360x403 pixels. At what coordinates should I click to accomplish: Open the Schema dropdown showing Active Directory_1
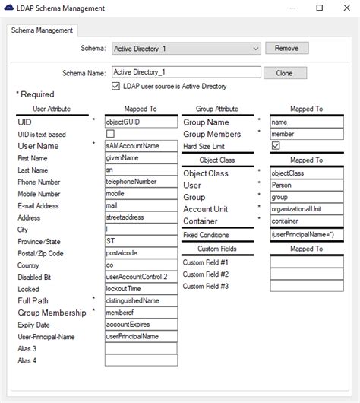[186, 49]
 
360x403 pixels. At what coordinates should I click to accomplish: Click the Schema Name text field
[186, 73]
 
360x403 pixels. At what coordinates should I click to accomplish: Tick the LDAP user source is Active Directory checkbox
[115, 86]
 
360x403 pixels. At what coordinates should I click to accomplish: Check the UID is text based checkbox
[110, 134]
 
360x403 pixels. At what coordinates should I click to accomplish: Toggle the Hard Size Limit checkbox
[275, 146]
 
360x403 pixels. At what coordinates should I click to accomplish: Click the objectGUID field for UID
[141, 122]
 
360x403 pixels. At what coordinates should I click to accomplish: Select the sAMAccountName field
[141, 146]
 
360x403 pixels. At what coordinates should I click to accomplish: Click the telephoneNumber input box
[141, 182]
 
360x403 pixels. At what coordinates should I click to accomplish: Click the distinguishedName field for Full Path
[141, 300]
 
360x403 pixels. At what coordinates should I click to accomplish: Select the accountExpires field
[141, 324]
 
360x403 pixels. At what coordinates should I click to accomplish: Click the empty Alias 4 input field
[141, 360]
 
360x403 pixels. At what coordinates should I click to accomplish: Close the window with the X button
[340, 8]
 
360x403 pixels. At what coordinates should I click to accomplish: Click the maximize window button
[319, 8]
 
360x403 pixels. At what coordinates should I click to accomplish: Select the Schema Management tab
[43, 30]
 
